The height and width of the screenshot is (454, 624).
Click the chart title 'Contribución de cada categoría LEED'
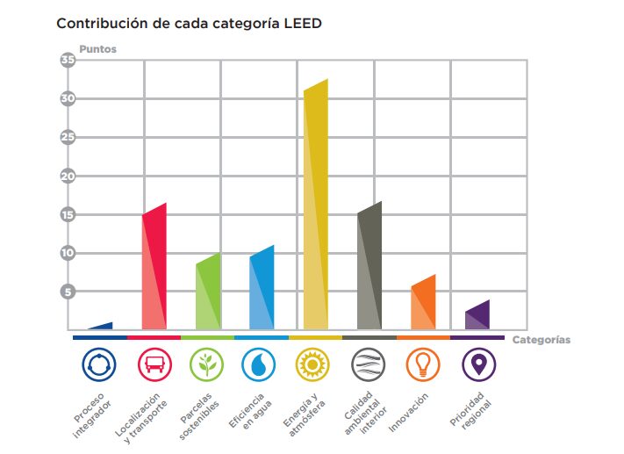pyautogui.click(x=189, y=24)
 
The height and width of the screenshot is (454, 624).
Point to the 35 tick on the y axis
pyautogui.click(x=68, y=60)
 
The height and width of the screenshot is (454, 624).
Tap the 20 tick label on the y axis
pyautogui.click(x=68, y=176)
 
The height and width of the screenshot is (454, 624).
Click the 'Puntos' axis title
pyautogui.click(x=97, y=49)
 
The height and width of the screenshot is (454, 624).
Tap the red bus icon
pyautogui.click(x=154, y=364)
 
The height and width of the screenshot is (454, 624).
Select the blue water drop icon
pyautogui.click(x=261, y=364)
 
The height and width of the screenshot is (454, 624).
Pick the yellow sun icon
pyautogui.click(x=314, y=364)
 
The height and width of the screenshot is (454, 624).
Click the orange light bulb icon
pyautogui.click(x=422, y=364)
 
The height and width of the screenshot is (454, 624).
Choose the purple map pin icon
pyautogui.click(x=477, y=364)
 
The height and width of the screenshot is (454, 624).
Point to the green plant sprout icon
pyautogui.click(x=207, y=364)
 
